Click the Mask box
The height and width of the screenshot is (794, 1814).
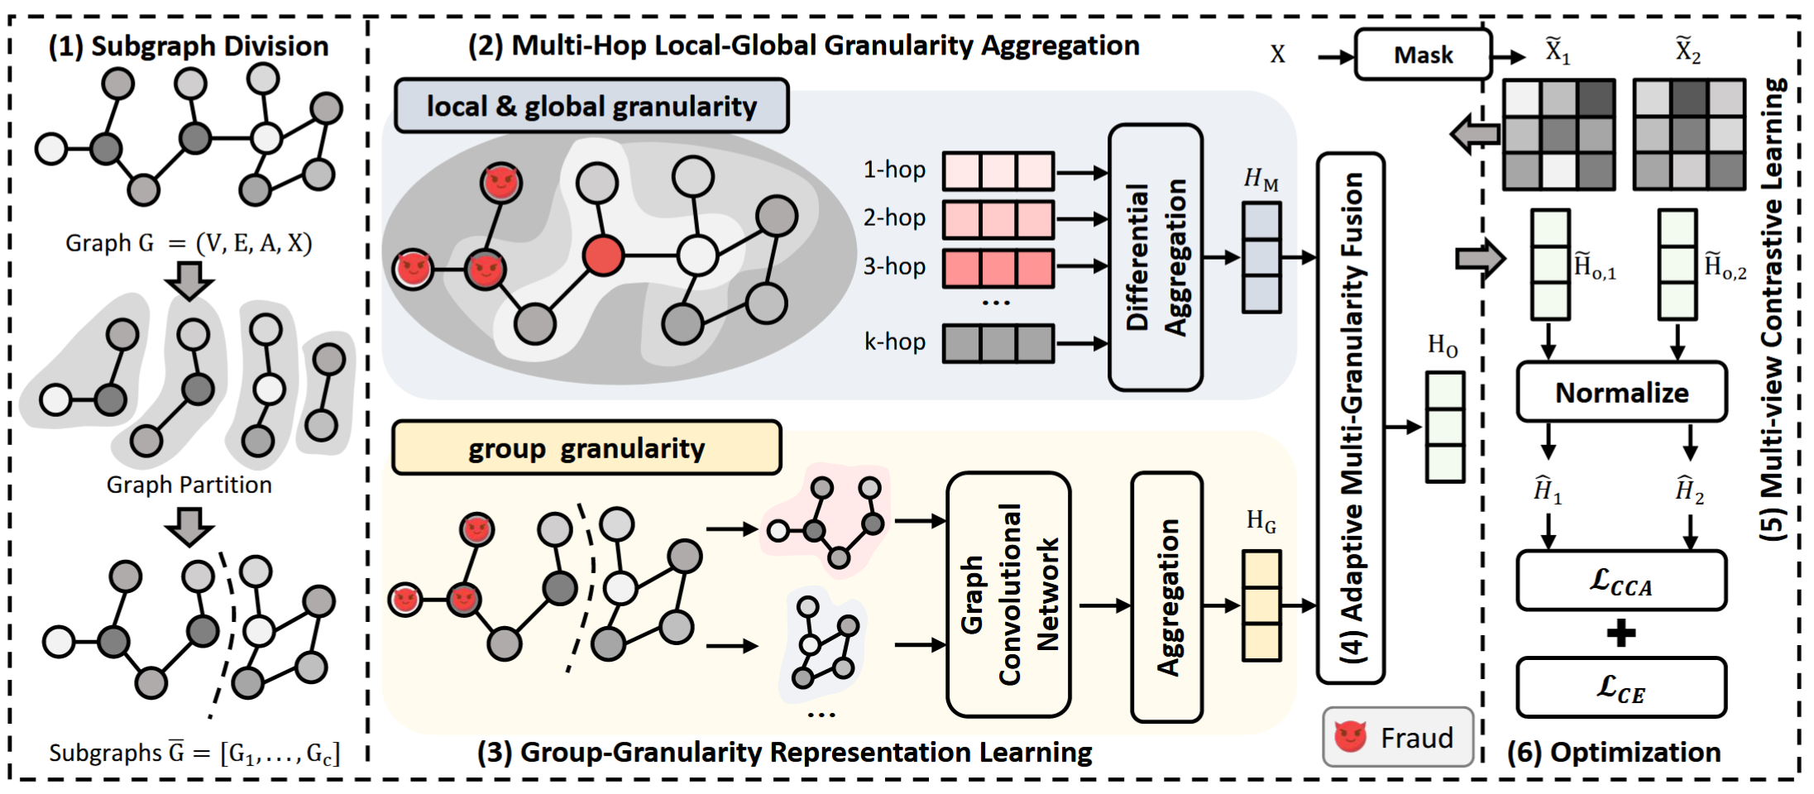(x=1423, y=55)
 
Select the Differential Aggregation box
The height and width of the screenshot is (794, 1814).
(x=1155, y=257)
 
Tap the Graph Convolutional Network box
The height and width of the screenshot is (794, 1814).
(x=1008, y=594)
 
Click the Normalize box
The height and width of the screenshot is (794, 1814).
(x=1621, y=392)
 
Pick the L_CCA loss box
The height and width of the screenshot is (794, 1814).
(x=1621, y=581)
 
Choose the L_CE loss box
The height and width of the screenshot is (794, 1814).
(x=1621, y=687)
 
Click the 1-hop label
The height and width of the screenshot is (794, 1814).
(x=894, y=170)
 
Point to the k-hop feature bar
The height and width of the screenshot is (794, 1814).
(x=998, y=343)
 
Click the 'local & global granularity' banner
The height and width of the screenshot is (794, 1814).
(x=591, y=106)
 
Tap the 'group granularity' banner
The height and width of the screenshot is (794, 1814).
(x=586, y=448)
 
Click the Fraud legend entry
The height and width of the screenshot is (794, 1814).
(x=1397, y=737)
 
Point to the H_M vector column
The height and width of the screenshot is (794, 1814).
(x=1261, y=257)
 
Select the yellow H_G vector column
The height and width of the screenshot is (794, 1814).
(x=1261, y=605)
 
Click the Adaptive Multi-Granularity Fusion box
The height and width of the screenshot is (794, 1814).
(x=1350, y=418)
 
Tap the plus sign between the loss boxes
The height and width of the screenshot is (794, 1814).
(x=1621, y=634)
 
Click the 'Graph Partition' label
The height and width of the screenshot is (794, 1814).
(x=189, y=485)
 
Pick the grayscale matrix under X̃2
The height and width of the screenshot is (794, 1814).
(x=1690, y=135)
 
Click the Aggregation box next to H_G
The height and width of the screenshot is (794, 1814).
(x=1166, y=596)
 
